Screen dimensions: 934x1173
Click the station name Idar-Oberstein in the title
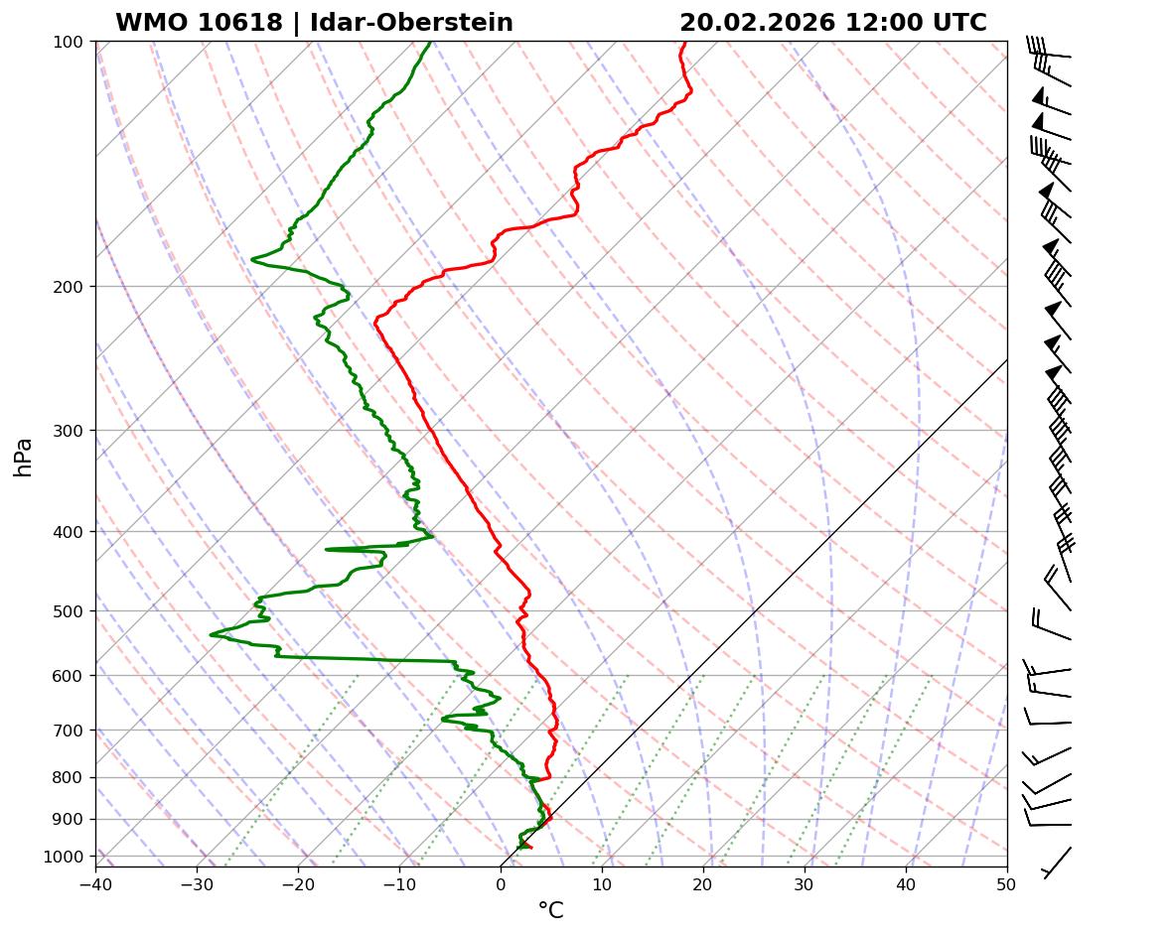tap(411, 23)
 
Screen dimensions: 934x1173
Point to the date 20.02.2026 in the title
tap(758, 23)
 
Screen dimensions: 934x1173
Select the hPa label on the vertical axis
tap(24, 457)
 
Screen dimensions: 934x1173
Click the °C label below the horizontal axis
tap(550, 911)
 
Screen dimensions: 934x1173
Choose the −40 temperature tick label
tap(95, 881)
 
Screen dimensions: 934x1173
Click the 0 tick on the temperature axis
tap(501, 881)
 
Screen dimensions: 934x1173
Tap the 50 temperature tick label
tap(1007, 881)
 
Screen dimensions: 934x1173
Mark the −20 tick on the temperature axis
tap(298, 881)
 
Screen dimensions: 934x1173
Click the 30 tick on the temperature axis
tap(805, 881)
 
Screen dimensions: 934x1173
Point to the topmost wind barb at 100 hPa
tap(1051, 50)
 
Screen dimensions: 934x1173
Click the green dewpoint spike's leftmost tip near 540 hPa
tap(212, 634)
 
